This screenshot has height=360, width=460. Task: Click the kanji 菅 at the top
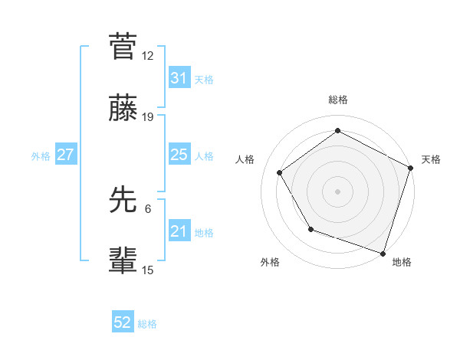pos(123,46)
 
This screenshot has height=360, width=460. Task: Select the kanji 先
pos(123,199)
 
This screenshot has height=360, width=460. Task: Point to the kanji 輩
pos(123,260)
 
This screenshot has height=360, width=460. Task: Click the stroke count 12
pos(148,55)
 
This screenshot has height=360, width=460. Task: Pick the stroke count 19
pos(148,117)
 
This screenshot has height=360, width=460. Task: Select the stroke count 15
pos(148,270)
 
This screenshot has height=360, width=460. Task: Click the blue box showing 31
pos(179,78)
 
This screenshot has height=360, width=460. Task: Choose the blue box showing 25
pos(179,155)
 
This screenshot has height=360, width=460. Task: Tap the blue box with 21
pos(179,231)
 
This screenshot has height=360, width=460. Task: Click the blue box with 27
pos(65,155)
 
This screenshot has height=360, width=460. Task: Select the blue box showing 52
pos(123,323)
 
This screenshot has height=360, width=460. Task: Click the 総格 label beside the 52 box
pos(147,324)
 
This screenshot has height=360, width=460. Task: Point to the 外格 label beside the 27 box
pos(41,155)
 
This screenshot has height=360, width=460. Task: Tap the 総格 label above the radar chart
pos(337,100)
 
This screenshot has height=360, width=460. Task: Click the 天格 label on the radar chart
pos(431,159)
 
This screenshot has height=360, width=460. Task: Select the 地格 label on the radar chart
pos(402,262)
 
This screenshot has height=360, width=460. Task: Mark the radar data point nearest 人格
pos(280,172)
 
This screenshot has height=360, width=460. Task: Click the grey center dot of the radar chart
pos(337,191)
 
